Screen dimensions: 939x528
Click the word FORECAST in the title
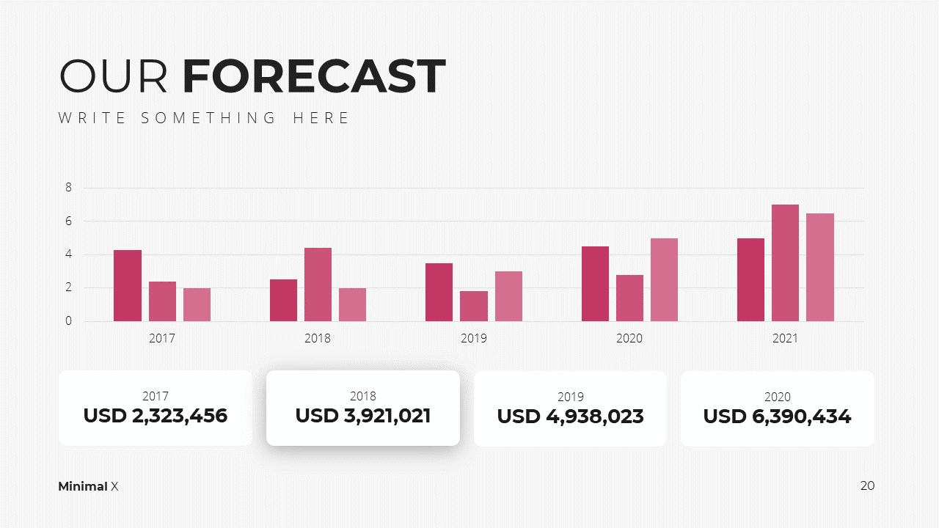pos(314,76)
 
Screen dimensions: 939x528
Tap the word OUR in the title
pos(113,76)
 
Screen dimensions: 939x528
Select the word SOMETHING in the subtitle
pos(208,118)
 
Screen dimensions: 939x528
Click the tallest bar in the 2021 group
pos(785,263)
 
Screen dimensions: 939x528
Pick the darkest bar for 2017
pos(128,285)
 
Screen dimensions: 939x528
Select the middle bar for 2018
pos(318,285)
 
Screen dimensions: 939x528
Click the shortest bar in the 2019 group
pos(474,306)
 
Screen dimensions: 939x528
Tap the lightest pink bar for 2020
pos(664,279)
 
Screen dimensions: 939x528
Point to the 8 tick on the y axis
pos(68,187)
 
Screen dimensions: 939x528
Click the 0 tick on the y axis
pos(68,321)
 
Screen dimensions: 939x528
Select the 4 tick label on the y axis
pos(68,254)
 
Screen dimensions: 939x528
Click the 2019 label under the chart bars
pos(474,338)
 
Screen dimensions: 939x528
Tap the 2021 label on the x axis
pos(785,338)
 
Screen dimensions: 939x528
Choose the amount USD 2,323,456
pos(156,416)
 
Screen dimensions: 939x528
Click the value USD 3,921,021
pos(363,416)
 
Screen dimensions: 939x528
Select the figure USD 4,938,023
pos(571,417)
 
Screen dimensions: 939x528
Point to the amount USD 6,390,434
pos(777,417)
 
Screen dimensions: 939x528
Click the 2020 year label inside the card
pos(778,397)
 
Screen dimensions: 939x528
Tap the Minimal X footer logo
pos(88,486)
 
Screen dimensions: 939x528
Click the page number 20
pos(867,485)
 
